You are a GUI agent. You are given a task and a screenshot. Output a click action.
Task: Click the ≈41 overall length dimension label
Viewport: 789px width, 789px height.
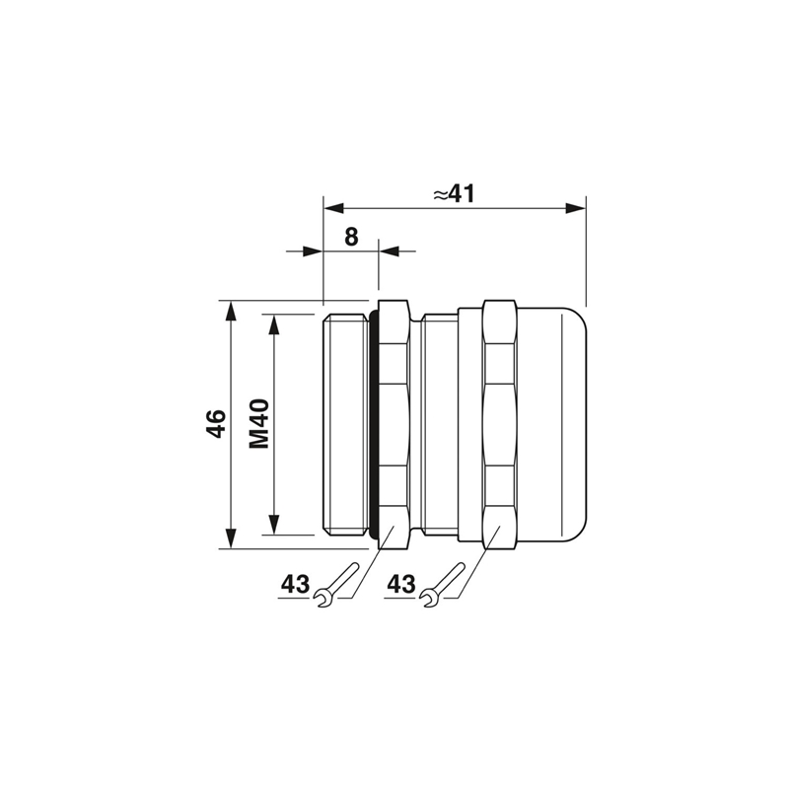click(454, 194)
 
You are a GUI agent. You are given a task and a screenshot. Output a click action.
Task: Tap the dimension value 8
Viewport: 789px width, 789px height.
click(351, 237)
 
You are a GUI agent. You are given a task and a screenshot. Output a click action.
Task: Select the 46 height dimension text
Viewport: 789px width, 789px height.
click(216, 423)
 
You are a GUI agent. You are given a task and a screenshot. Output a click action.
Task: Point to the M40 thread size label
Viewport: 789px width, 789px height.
click(259, 424)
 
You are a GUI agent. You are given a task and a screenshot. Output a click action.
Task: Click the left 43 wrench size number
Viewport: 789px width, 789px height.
click(295, 584)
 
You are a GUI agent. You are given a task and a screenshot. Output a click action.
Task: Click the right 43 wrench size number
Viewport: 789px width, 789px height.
click(401, 584)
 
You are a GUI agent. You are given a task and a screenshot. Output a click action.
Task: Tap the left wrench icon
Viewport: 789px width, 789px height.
click(335, 585)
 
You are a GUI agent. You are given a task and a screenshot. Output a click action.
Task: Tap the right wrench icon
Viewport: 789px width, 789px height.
click(442, 585)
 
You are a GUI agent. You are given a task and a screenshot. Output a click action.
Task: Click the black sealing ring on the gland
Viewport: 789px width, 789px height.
click(374, 424)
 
